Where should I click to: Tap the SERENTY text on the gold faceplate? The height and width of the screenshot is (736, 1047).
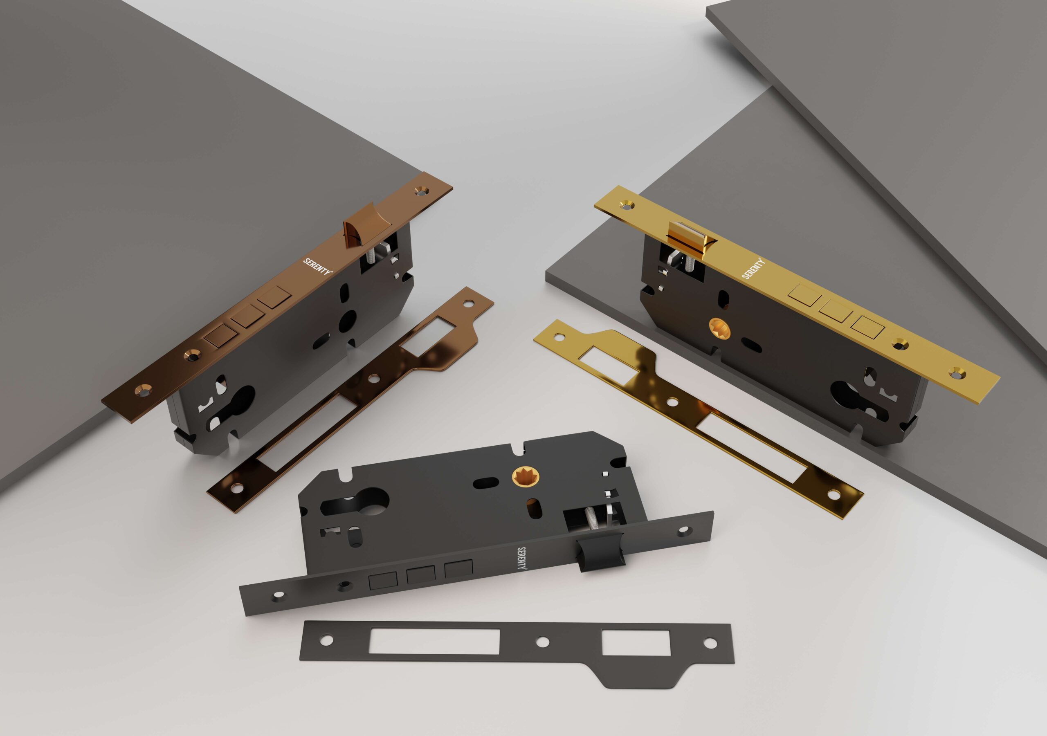coord(753,269)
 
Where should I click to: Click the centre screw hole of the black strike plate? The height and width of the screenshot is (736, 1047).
coord(542,642)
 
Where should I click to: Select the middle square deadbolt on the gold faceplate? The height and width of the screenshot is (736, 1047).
coord(835,314)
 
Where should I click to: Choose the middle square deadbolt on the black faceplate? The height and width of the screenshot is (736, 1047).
coord(421,576)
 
